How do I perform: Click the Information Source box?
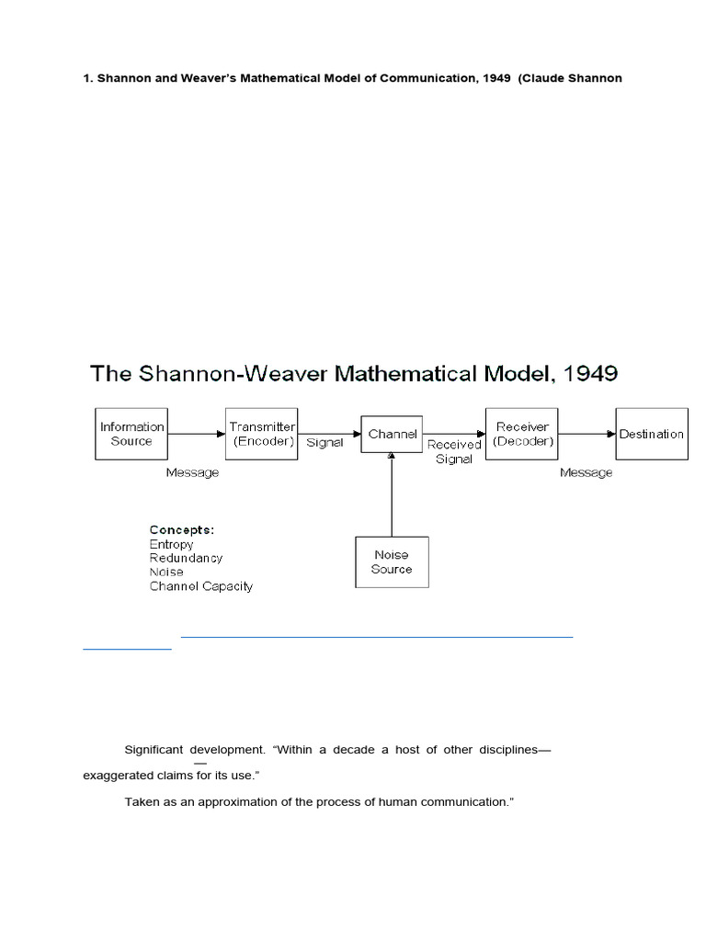(132, 434)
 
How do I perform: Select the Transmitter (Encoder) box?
(262, 434)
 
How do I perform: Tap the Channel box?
(393, 434)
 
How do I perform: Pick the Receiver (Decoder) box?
(523, 434)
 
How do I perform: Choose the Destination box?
(651, 434)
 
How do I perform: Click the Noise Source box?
(392, 561)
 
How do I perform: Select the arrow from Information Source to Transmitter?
(197, 434)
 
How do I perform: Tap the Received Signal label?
(454, 452)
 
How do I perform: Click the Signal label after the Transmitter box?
(325, 442)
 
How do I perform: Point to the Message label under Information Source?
(192, 472)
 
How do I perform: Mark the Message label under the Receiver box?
(586, 472)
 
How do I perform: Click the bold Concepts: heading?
(182, 530)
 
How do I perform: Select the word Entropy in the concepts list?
(172, 544)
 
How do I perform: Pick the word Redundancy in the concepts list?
(186, 558)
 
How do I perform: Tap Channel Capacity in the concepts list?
(201, 585)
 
